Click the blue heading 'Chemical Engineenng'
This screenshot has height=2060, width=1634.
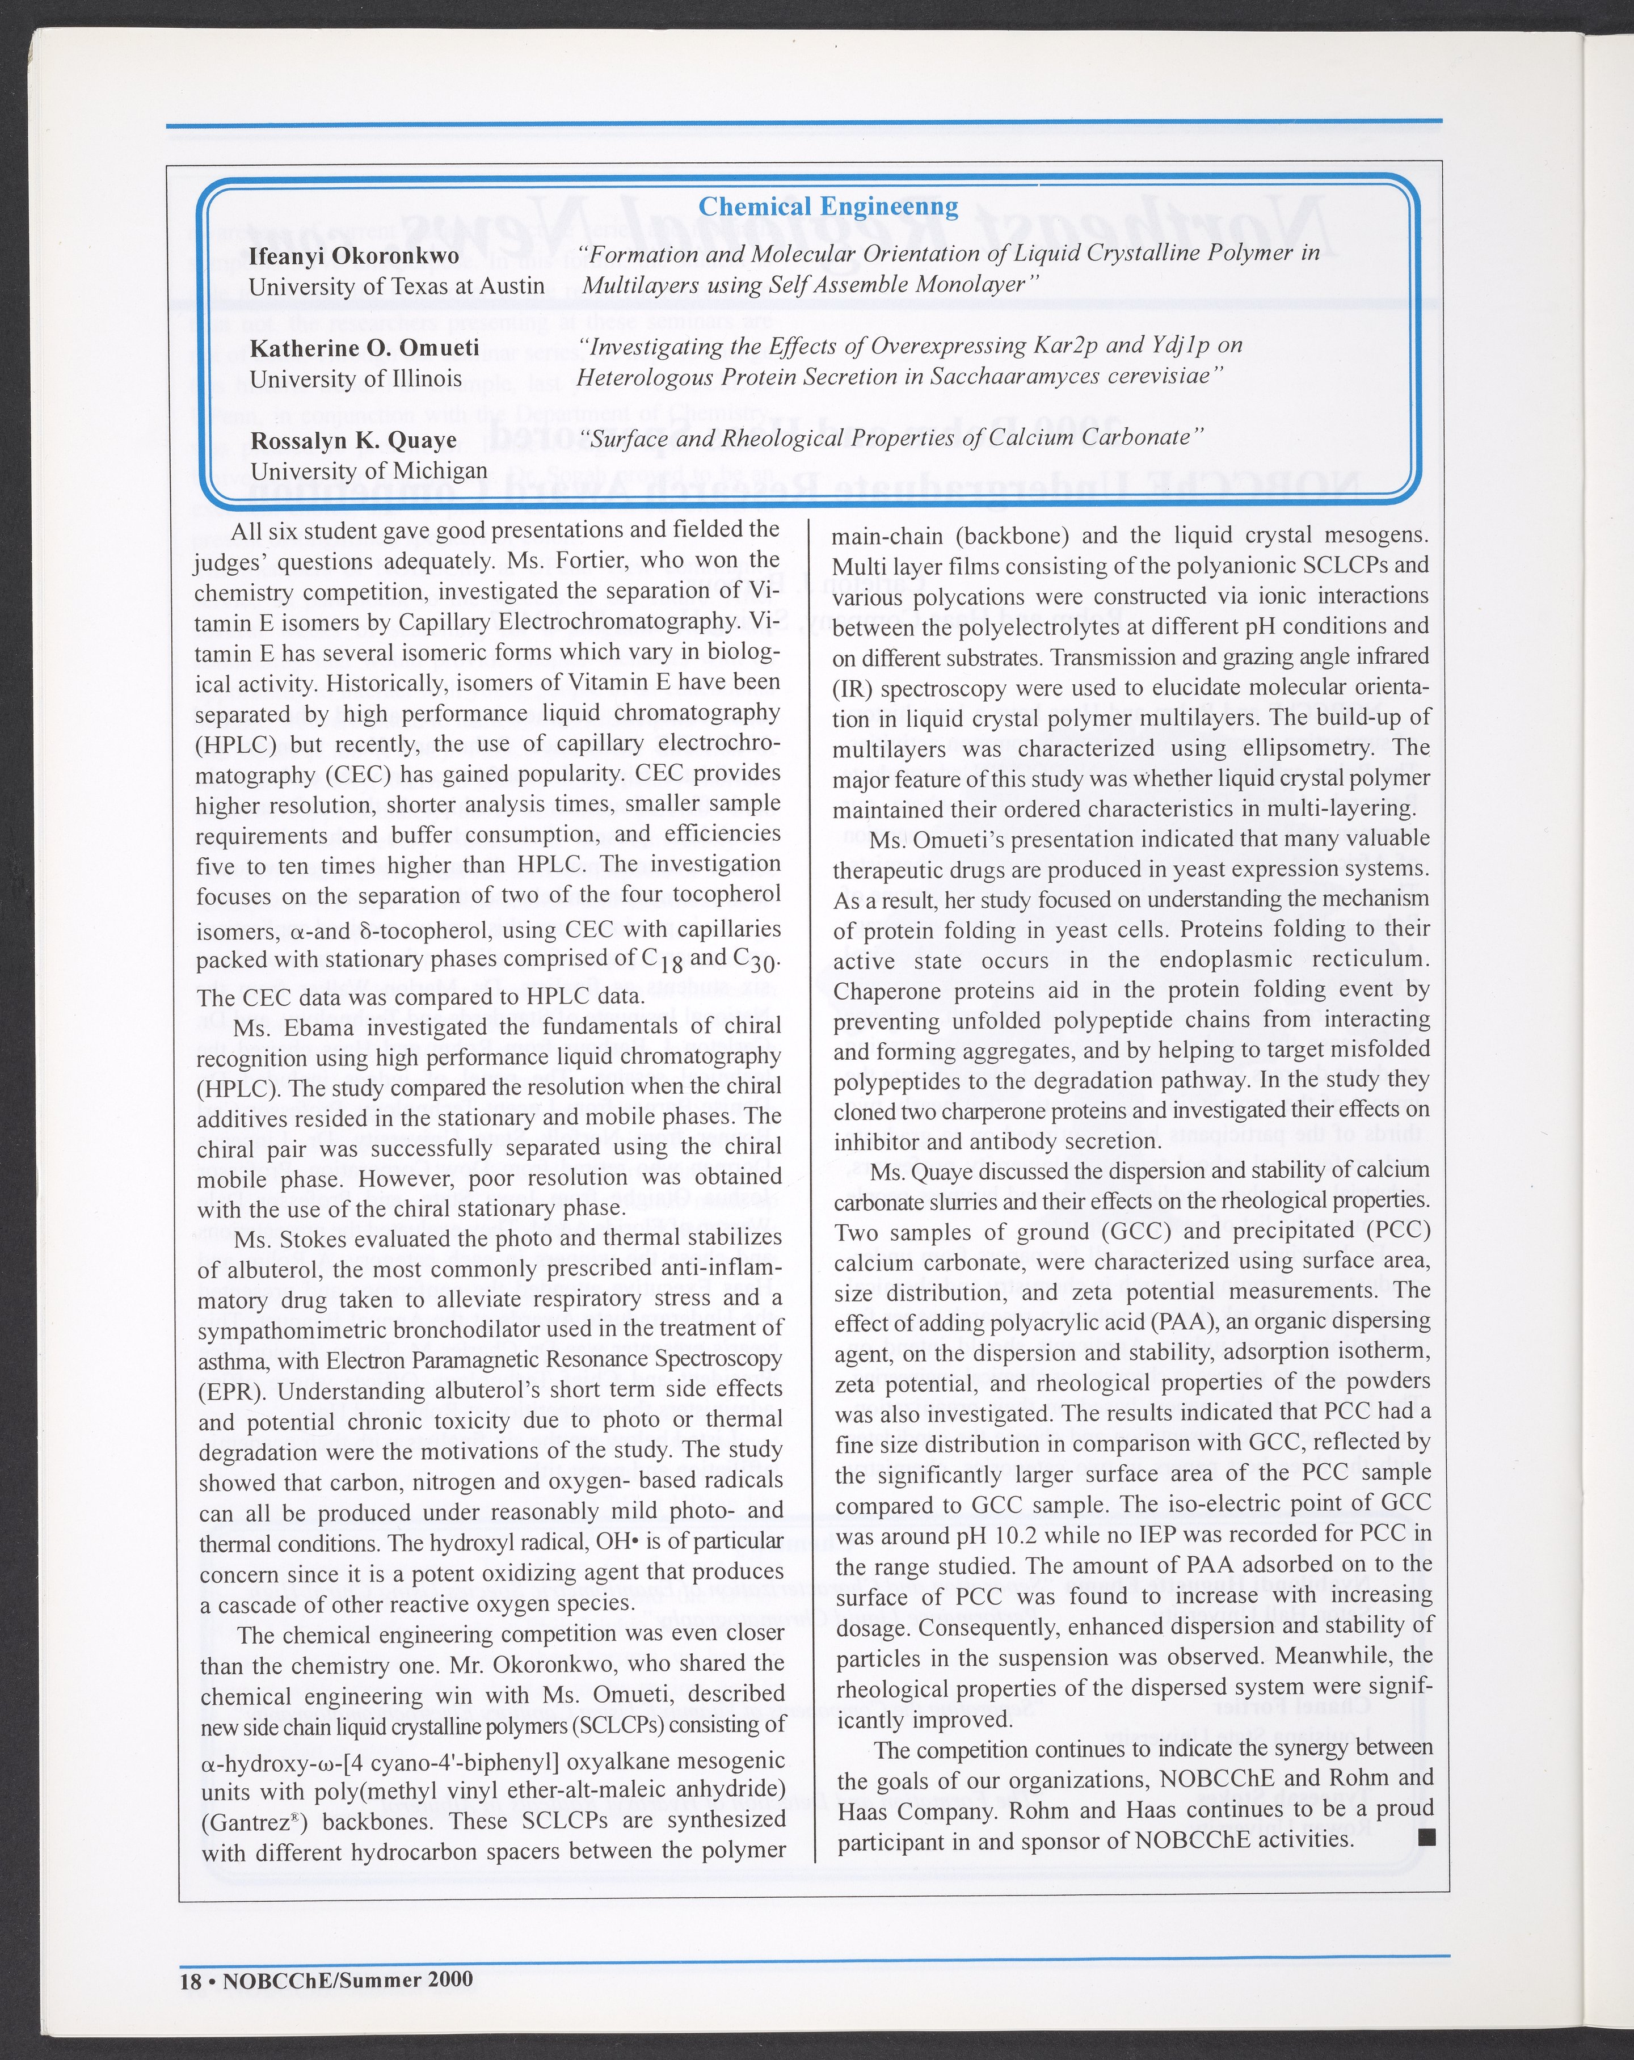pos(828,207)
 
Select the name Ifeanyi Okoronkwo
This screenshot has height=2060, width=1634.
pos(353,256)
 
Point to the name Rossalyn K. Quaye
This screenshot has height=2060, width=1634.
pos(353,440)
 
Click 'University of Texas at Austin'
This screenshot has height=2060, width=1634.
pos(397,287)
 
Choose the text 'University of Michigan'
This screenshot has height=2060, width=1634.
pos(369,471)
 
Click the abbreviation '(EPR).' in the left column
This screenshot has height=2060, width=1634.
pos(232,1389)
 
